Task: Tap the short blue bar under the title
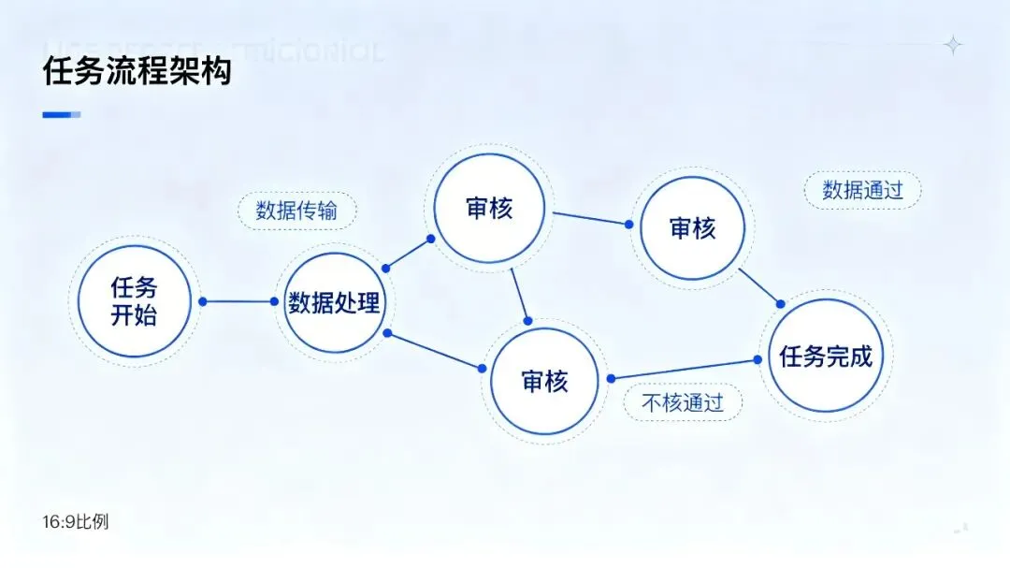(x=62, y=115)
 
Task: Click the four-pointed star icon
(x=953, y=44)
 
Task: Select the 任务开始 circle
(x=134, y=301)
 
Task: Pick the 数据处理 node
(x=334, y=302)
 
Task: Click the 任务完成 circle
(x=825, y=356)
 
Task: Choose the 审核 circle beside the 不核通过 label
(x=544, y=381)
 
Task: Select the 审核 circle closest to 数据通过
(x=692, y=227)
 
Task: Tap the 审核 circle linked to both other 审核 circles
(x=488, y=208)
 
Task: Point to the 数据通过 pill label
(x=862, y=190)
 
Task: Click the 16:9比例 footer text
(x=76, y=521)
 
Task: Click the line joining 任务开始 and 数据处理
(x=238, y=301)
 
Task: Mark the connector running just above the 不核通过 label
(x=684, y=369)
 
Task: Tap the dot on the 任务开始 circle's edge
(x=202, y=301)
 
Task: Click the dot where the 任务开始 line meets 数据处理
(x=275, y=301)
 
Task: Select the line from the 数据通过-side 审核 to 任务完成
(x=759, y=286)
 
